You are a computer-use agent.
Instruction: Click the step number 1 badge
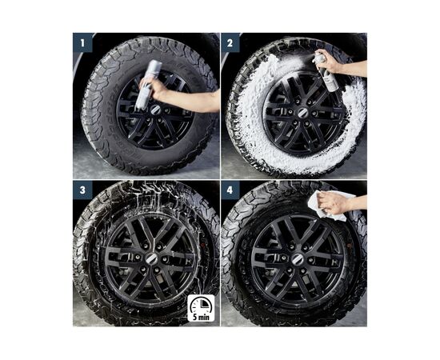pos(82,43)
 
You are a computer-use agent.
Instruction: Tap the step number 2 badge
pos(230,43)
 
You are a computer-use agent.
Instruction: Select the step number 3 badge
pos(82,190)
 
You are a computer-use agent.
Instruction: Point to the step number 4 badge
pos(230,190)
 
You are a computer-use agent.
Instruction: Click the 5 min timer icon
pos(201,308)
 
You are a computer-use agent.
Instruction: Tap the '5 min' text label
pos(201,317)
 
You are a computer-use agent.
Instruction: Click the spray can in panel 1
pos(148,84)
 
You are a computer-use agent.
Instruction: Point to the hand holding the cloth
pos(334,203)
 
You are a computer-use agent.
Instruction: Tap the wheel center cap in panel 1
pos(155,110)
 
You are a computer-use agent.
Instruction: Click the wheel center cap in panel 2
pos(302,113)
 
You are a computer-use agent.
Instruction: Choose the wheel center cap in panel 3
pos(150,258)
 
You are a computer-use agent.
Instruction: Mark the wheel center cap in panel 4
pos(297,259)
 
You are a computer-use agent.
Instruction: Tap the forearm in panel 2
pos(354,68)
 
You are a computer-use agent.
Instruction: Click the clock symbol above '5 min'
pos(201,306)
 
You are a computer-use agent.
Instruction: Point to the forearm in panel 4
pos(358,202)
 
